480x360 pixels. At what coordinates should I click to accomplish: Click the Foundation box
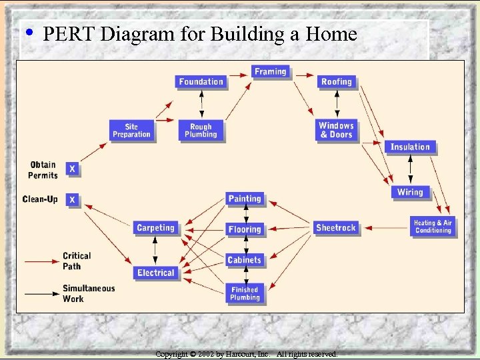pyautogui.click(x=201, y=82)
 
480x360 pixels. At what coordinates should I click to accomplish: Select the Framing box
pyautogui.click(x=270, y=72)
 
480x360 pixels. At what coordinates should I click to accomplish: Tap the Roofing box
pyautogui.click(x=336, y=82)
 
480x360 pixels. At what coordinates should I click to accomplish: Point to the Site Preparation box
pyautogui.click(x=131, y=131)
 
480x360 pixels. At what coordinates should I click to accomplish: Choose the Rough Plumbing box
pyautogui.click(x=201, y=131)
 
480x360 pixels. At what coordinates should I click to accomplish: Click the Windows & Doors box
pyautogui.click(x=336, y=130)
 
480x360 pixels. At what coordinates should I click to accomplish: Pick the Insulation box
pyautogui.click(x=410, y=147)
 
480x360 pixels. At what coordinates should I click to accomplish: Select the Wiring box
pyautogui.click(x=410, y=192)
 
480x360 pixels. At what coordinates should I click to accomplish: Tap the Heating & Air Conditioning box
pyautogui.click(x=433, y=227)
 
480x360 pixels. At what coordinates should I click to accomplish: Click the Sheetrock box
pyautogui.click(x=336, y=228)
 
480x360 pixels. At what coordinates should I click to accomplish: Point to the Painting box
pyautogui.click(x=245, y=199)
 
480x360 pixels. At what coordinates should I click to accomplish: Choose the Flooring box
pyautogui.click(x=245, y=229)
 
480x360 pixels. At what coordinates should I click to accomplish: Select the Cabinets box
pyautogui.click(x=245, y=260)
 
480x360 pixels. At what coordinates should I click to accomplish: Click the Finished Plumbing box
pyautogui.click(x=245, y=293)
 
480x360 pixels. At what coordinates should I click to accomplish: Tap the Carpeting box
pyautogui.click(x=155, y=228)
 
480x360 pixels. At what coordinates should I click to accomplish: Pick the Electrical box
pyautogui.click(x=155, y=273)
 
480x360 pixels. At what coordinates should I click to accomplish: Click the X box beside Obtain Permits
pyautogui.click(x=72, y=169)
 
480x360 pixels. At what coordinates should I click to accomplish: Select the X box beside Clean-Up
pyautogui.click(x=72, y=199)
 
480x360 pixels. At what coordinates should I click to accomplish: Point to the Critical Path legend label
pyautogui.click(x=77, y=261)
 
